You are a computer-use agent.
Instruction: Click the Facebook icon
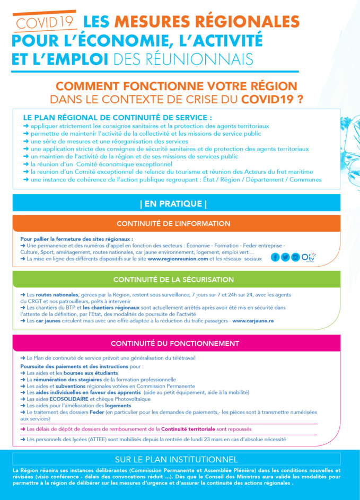click(x=275, y=257)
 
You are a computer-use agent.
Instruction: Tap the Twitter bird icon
click(x=285, y=257)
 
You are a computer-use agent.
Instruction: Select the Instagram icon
click(x=295, y=257)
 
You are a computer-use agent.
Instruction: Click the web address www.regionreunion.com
click(x=176, y=259)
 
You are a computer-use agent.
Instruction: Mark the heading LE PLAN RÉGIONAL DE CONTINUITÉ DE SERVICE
click(x=118, y=118)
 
